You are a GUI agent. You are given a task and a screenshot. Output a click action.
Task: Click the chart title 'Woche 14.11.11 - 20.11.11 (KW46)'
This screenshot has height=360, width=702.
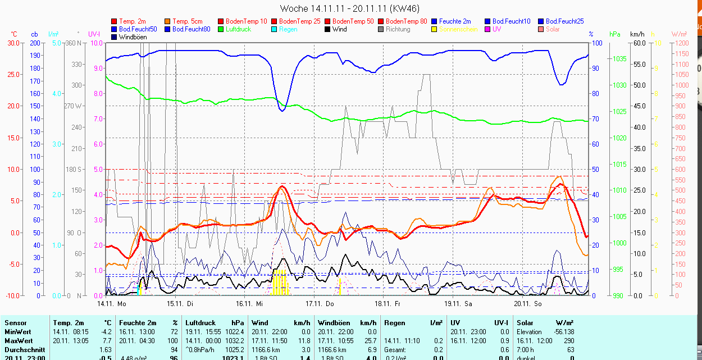coord(349,8)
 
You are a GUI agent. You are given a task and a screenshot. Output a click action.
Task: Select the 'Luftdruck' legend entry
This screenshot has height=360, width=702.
coord(238,29)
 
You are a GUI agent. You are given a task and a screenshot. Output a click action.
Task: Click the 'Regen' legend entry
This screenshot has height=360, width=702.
coord(288,29)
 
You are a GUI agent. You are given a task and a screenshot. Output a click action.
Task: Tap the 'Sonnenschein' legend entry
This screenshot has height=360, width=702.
coord(458,29)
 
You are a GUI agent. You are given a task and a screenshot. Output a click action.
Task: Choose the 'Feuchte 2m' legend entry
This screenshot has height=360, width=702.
coord(455,21)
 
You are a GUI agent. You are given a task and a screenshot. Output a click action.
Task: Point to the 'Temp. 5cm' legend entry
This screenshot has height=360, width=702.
coord(188,21)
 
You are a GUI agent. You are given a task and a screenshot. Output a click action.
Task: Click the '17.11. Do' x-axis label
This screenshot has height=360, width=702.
coord(320,304)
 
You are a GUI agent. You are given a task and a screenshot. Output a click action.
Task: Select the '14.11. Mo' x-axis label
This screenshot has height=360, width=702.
coord(112,304)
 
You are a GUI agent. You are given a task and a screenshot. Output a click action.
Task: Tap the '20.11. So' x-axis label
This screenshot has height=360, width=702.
coord(528,304)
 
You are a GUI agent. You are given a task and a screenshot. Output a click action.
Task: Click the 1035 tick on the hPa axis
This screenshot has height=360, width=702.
coord(619,58)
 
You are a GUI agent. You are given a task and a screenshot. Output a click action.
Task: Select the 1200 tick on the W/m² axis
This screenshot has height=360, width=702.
coord(681,43)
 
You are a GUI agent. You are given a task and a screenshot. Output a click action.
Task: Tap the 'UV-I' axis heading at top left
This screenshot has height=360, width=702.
coord(94,34)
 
